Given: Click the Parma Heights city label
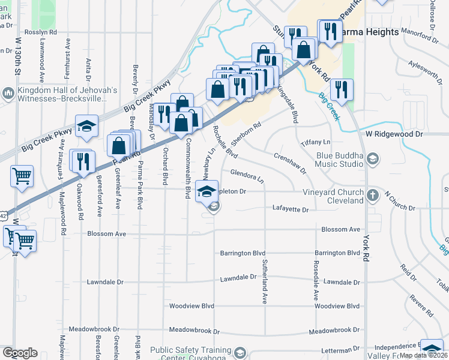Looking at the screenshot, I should [370, 32].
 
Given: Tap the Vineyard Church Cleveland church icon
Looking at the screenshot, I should [372, 195].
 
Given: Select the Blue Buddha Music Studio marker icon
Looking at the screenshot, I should [372, 158].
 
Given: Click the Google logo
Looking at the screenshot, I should [20, 353].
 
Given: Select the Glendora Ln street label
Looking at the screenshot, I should [247, 176].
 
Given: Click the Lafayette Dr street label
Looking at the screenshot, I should [290, 210].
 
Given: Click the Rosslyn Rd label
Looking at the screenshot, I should [41, 32].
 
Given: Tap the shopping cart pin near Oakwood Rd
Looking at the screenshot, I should [22, 176].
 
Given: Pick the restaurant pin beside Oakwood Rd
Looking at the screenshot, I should [82, 160].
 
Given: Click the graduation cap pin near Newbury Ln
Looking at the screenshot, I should [206, 192].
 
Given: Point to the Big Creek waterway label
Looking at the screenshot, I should [330, 106].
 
